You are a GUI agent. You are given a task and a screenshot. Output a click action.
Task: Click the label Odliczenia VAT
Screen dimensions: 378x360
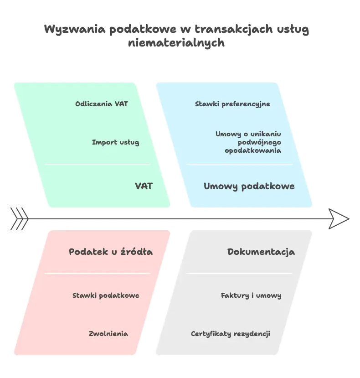[x=102, y=104]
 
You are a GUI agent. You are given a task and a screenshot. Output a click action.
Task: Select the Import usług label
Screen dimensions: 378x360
[x=115, y=142]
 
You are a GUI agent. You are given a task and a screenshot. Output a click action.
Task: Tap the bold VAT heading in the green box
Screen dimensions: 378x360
[x=144, y=186]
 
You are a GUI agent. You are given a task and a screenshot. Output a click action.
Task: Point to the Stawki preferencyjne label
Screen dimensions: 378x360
[x=232, y=104]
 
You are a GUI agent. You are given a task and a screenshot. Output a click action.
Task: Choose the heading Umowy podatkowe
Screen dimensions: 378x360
[x=249, y=186]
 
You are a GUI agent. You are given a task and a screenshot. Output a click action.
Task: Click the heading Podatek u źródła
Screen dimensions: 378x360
[x=111, y=252]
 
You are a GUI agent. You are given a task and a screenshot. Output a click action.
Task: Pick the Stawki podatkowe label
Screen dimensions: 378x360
[x=106, y=295]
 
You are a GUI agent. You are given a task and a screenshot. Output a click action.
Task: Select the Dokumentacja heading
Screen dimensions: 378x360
[x=261, y=252]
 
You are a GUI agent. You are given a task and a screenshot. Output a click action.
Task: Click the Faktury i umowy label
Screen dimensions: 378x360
[x=251, y=295]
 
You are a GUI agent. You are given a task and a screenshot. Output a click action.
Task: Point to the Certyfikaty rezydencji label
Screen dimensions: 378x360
[x=230, y=334]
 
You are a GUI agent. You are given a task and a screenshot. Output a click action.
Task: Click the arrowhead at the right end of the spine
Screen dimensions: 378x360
[x=339, y=219]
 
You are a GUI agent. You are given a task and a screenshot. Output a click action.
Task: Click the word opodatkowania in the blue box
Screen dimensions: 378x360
[x=253, y=150]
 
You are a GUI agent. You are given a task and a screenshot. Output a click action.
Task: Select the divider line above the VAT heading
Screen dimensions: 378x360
[x=98, y=164]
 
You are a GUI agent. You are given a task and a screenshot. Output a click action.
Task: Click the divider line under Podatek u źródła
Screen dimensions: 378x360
[x=98, y=274]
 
